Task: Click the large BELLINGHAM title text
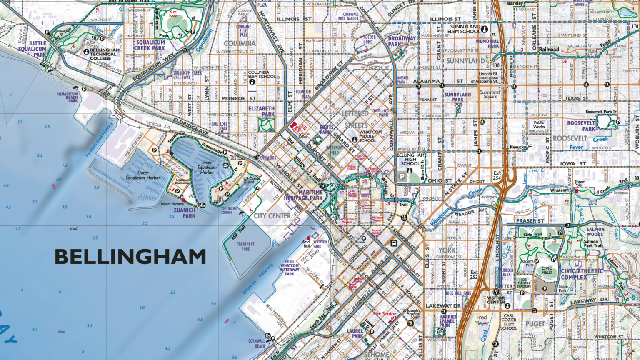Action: (x=130, y=257)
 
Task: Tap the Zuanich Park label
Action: (x=185, y=213)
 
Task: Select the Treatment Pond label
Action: (x=246, y=246)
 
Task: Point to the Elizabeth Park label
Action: (x=261, y=111)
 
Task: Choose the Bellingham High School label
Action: (x=410, y=159)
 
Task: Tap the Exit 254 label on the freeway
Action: (x=497, y=175)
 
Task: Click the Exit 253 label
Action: (x=474, y=275)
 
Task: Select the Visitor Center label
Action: (x=496, y=300)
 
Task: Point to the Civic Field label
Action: (x=547, y=270)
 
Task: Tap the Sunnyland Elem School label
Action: (x=463, y=29)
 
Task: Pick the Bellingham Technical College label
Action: (x=104, y=54)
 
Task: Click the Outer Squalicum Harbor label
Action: (x=143, y=175)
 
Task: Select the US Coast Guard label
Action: (x=251, y=180)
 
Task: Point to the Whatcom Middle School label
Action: (x=370, y=136)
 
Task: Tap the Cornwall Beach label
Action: (x=257, y=343)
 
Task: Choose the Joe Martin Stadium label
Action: (x=524, y=283)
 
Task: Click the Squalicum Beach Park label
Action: (x=67, y=97)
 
